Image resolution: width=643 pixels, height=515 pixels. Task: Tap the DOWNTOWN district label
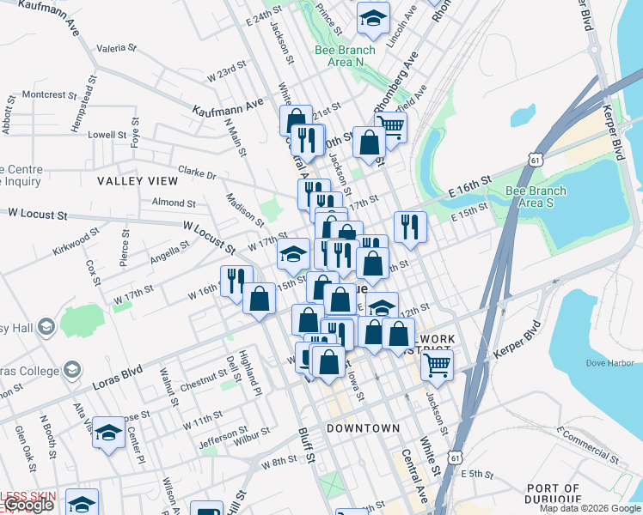[x=363, y=427]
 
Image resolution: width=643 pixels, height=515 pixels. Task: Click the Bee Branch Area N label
[x=346, y=56]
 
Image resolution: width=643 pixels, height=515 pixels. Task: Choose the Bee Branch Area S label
[x=536, y=197]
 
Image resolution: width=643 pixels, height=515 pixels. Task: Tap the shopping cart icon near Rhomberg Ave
[x=391, y=127]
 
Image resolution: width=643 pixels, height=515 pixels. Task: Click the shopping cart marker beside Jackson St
[x=438, y=365]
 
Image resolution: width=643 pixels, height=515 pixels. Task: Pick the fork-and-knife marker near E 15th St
[x=410, y=227]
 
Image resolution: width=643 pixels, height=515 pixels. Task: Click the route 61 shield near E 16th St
[x=536, y=160]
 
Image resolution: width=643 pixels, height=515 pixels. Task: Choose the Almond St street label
[x=174, y=203]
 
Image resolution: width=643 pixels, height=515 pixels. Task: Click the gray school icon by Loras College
[x=72, y=371]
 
